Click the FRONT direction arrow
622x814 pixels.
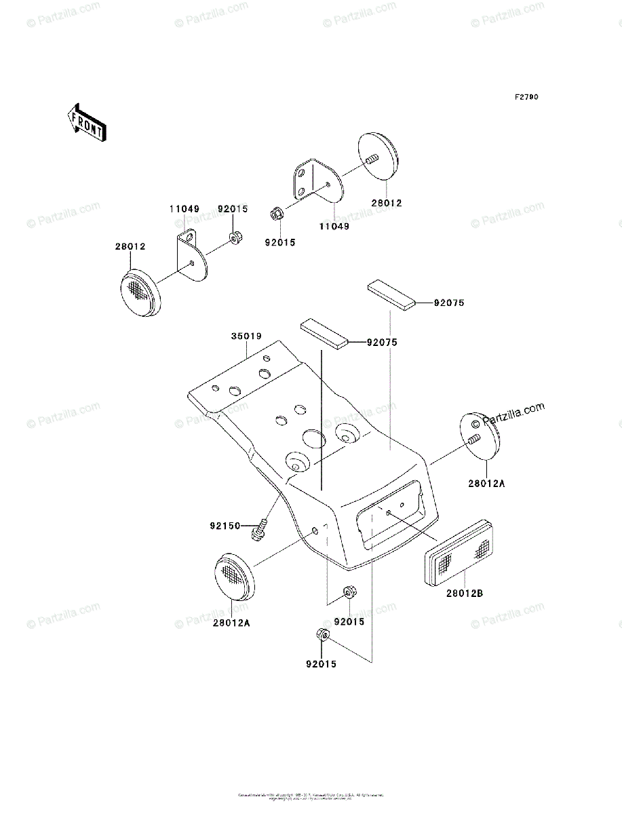(85, 121)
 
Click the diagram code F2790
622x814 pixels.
(526, 98)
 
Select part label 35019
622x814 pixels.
(245, 336)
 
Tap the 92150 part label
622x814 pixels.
(225, 525)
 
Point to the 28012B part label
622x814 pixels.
(465, 593)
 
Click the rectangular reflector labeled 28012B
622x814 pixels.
(459, 552)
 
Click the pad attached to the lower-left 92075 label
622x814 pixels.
(324, 334)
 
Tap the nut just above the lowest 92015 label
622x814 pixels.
(323, 636)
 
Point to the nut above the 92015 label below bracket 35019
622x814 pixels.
(349, 593)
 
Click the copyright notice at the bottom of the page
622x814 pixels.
(311, 796)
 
